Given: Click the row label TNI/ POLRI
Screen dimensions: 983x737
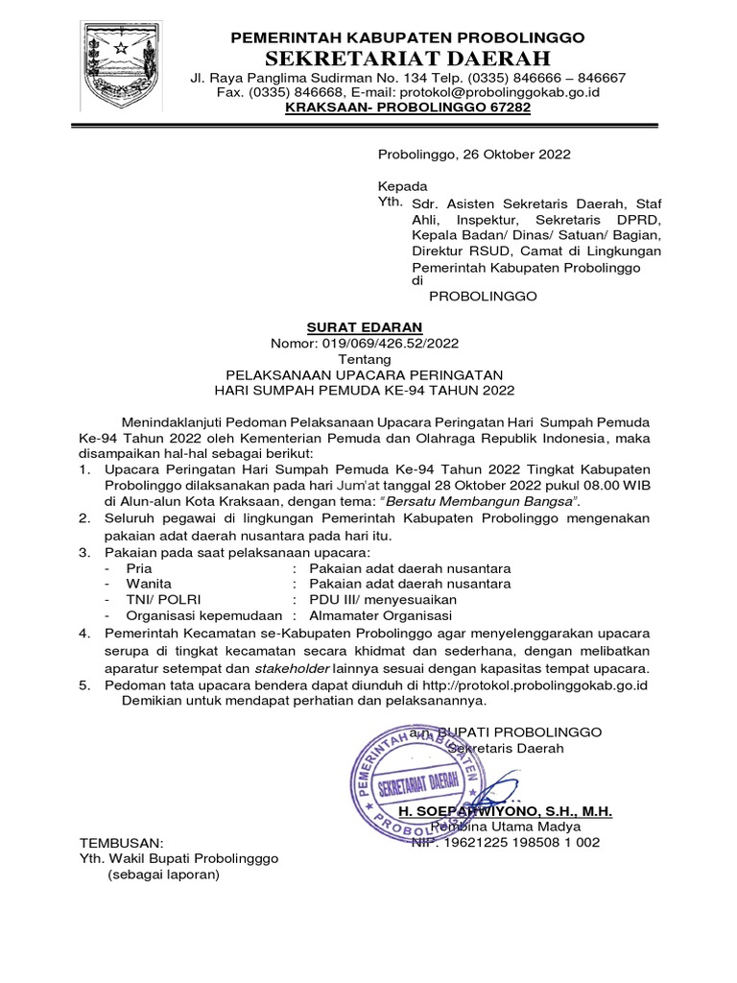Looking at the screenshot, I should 155,599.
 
